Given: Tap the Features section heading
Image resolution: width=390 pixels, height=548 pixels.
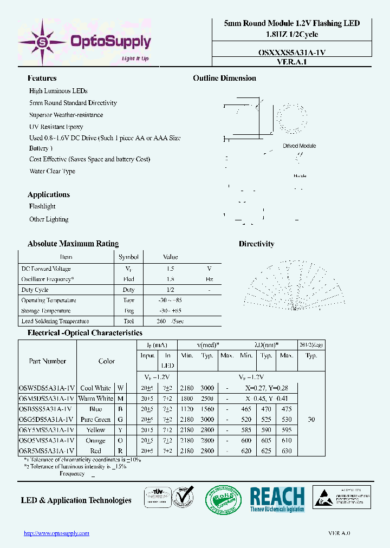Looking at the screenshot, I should [x=42, y=79].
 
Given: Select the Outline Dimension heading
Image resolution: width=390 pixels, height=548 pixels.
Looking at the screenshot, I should [x=224, y=79].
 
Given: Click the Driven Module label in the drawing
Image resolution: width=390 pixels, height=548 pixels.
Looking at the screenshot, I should [x=299, y=146].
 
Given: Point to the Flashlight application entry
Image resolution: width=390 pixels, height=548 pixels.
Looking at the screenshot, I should [x=42, y=206].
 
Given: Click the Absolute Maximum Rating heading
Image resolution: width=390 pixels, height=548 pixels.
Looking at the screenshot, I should [x=73, y=244].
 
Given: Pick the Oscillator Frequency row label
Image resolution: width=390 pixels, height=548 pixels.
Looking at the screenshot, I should [x=47, y=279].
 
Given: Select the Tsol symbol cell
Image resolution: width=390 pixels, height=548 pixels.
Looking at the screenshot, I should [x=128, y=321].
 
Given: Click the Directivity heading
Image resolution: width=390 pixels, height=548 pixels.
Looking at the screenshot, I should [x=256, y=244].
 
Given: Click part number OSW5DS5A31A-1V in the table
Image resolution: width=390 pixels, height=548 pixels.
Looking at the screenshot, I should [x=47, y=388].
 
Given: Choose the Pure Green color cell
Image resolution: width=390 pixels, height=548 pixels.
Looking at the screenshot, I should [x=95, y=420].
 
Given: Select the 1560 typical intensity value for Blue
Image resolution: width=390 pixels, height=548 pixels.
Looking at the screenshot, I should [x=207, y=409].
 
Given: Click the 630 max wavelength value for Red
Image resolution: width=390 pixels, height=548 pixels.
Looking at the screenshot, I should [x=287, y=451].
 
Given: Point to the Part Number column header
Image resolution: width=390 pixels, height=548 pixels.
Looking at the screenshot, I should [x=47, y=361].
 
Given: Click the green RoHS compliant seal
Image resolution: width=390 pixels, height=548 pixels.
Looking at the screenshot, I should [x=223, y=500].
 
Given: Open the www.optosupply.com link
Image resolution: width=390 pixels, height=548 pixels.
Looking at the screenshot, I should [x=56, y=533].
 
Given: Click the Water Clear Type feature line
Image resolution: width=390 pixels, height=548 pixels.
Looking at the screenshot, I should [x=52, y=172].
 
